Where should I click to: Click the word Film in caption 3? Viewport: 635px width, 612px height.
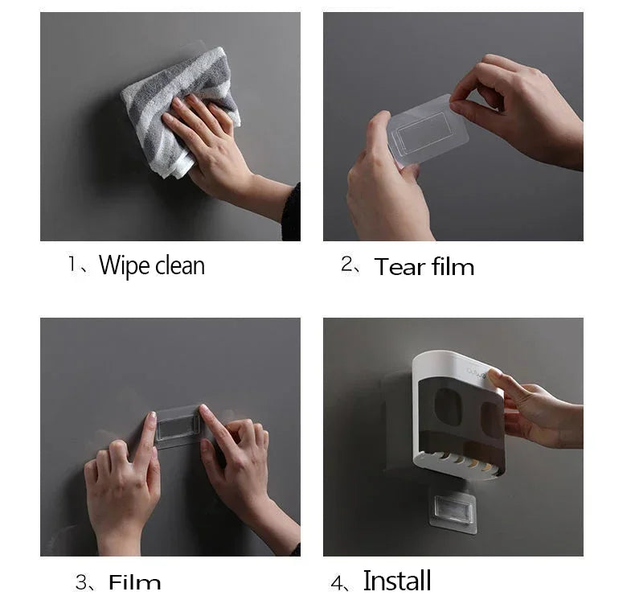pos(134,583)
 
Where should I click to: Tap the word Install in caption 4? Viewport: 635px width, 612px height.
pos(397,581)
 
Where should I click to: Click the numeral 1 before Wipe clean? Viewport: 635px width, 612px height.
pos(72,265)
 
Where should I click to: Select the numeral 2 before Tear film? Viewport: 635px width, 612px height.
pos(347,265)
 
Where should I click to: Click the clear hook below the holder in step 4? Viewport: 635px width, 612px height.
pos(453,507)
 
